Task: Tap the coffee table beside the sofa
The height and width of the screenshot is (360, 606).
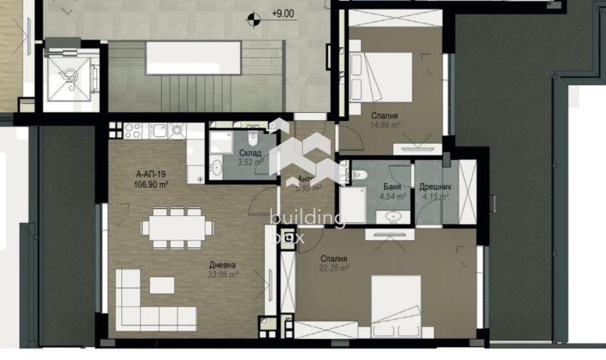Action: tap(161, 285)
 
